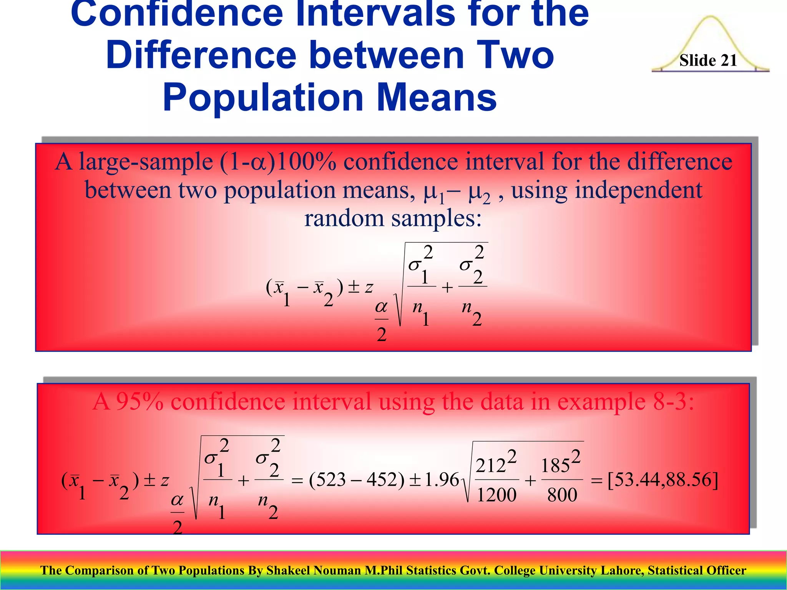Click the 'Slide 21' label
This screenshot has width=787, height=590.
pos(708,60)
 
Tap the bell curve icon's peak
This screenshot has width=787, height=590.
pos(711,18)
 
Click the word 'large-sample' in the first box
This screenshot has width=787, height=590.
pos(146,162)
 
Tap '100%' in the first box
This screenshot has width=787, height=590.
pos(306,162)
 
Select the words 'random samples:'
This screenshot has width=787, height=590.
pos(393,219)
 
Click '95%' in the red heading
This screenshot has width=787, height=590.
pos(139,402)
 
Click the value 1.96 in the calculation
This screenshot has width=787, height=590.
pos(442,480)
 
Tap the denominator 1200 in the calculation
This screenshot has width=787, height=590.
pos(496,495)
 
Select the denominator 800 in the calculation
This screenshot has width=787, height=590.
pos(562,495)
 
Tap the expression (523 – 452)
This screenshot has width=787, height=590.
pos(357,480)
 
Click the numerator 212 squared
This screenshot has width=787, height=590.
pos(496,464)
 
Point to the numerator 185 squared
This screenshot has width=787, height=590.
pos(560,464)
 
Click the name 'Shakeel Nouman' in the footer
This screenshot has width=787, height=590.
pos(314,570)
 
